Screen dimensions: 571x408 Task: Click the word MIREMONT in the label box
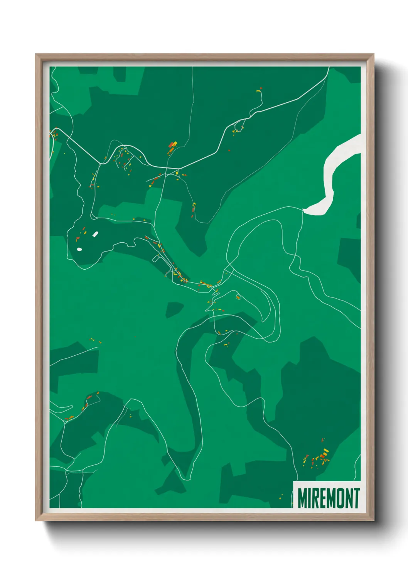(329, 498)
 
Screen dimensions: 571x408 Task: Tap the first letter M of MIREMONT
(303, 498)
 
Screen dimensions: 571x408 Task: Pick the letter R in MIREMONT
(315, 498)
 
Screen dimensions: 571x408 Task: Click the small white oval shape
(79, 249)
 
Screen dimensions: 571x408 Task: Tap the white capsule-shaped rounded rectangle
(95, 234)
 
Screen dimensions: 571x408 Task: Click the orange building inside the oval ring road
(238, 297)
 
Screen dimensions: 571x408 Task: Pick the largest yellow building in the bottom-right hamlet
(326, 451)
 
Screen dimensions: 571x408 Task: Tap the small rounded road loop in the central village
(157, 258)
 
